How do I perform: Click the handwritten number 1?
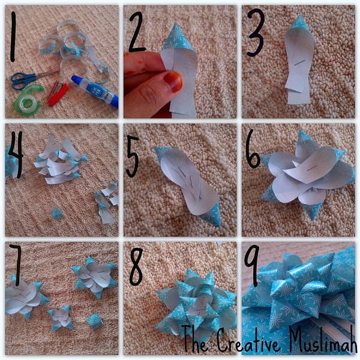coord(13,37)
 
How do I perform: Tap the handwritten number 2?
coord(138,32)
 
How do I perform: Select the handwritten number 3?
coord(256,32)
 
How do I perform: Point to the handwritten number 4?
coord(16,154)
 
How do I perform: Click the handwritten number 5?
coord(133,156)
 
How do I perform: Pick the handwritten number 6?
coord(253,149)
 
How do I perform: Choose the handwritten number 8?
coord(136,267)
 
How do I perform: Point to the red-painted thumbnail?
coord(173,81)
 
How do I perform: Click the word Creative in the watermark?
coord(250,340)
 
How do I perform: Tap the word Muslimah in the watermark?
coord(323,338)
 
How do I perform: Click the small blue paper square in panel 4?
coord(56,213)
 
